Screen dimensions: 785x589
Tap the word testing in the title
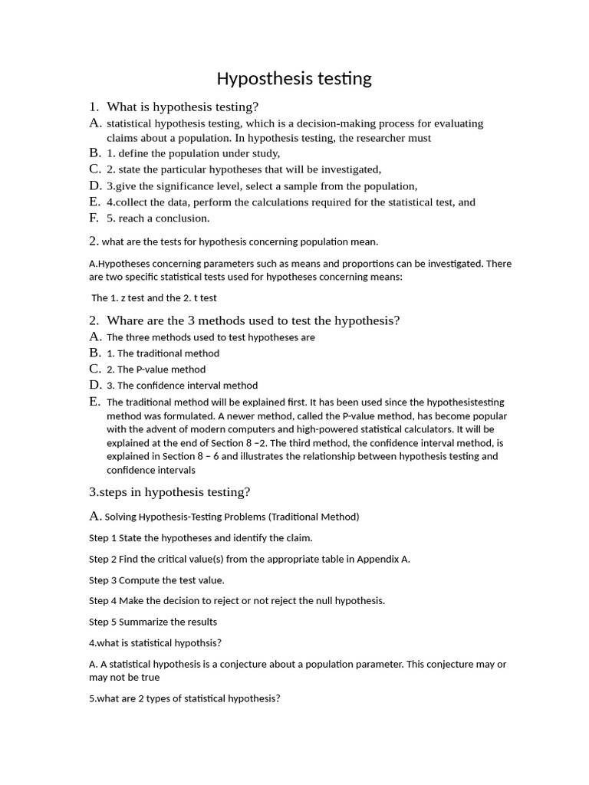tap(344, 79)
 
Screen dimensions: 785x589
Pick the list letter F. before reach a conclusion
tap(94, 218)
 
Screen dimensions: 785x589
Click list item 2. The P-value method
tap(156, 370)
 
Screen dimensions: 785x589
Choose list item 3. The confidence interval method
tap(182, 386)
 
